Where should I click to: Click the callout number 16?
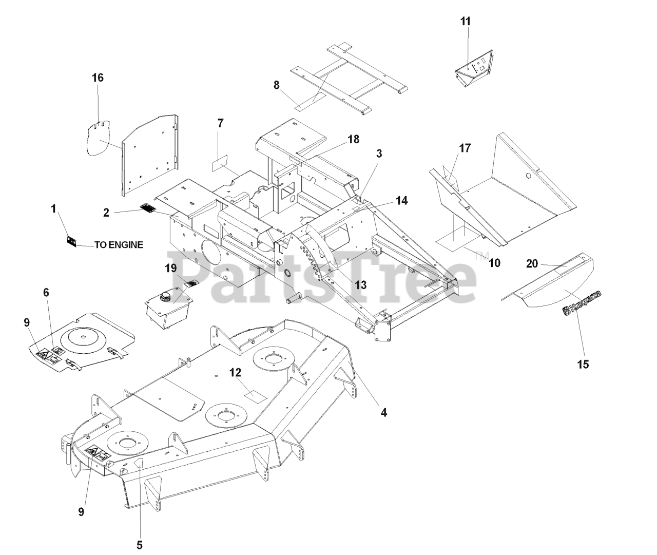98,78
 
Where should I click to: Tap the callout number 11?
465,22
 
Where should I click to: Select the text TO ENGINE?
119,245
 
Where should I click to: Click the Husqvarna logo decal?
582,302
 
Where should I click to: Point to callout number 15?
583,364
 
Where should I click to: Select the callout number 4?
383,412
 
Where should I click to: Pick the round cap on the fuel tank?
167,296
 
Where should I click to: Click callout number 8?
277,85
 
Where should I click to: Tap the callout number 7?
220,123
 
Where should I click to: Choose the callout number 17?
464,148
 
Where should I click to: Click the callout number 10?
494,263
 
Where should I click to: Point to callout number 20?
532,263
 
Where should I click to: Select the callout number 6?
46,292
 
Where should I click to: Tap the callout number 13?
360,285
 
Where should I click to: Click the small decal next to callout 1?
71,241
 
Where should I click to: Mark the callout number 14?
402,201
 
